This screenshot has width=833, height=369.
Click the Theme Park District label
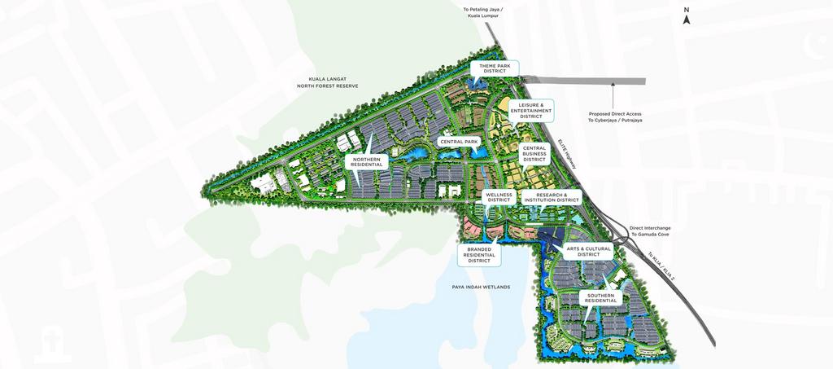[495, 68]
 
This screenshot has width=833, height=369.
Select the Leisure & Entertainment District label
[530, 111]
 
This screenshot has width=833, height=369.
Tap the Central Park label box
[459, 142]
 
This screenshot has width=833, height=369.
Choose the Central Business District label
[534, 154]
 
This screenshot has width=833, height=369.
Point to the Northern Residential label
[366, 161]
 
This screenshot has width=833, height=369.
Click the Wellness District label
[499, 197]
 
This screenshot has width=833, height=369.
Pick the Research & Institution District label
[551, 197]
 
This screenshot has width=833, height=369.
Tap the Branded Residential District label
[479, 254]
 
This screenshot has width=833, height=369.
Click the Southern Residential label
[601, 298]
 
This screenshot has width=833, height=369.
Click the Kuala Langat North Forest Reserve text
[327, 82]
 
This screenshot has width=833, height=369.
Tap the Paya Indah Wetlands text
[480, 287]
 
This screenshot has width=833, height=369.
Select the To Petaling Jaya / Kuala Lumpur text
[484, 12]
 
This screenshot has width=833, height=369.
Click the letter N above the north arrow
[687, 10]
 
